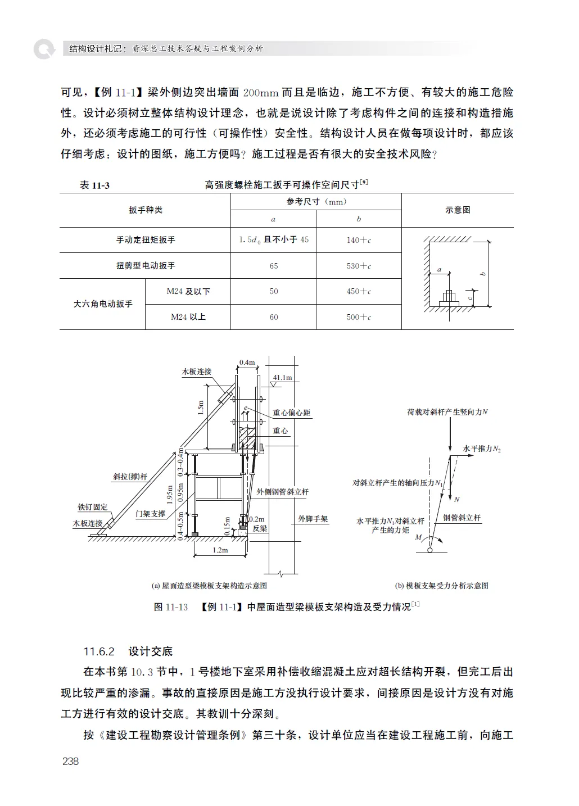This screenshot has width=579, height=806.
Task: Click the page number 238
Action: pyautogui.click(x=71, y=761)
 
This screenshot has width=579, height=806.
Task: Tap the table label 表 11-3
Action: pyautogui.click(x=94, y=185)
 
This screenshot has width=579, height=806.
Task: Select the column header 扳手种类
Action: pyautogui.click(x=146, y=210)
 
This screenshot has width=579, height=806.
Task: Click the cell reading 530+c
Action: pyautogui.click(x=359, y=266)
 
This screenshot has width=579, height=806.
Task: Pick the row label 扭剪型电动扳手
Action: pyautogui.click(x=146, y=266)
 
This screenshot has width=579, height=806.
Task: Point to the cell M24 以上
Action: pyautogui.click(x=188, y=317)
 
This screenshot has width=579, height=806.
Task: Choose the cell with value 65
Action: pyautogui.click(x=274, y=266)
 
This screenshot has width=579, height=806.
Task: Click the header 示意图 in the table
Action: pyautogui.click(x=458, y=210)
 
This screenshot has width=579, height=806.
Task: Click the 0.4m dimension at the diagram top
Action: pyautogui.click(x=247, y=363)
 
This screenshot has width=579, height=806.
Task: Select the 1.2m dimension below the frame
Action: pyautogui.click(x=220, y=550)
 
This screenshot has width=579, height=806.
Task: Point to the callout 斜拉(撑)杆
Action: pyautogui.click(x=130, y=477)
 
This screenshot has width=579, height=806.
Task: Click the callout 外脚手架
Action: pyautogui.click(x=313, y=519)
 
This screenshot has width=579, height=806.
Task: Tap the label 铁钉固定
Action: pyautogui.click(x=93, y=507)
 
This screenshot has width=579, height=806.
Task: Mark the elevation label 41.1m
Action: pyautogui.click(x=283, y=377)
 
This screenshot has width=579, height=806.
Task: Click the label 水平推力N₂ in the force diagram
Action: pyautogui.click(x=482, y=449)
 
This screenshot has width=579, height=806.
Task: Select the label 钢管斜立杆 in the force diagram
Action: pyautogui.click(x=462, y=518)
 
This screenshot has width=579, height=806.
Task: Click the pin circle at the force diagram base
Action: pyautogui.click(x=430, y=550)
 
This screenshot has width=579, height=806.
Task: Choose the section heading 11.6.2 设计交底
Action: pyautogui.click(x=128, y=651)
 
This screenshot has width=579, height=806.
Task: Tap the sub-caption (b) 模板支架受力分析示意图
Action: pyautogui.click(x=441, y=586)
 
